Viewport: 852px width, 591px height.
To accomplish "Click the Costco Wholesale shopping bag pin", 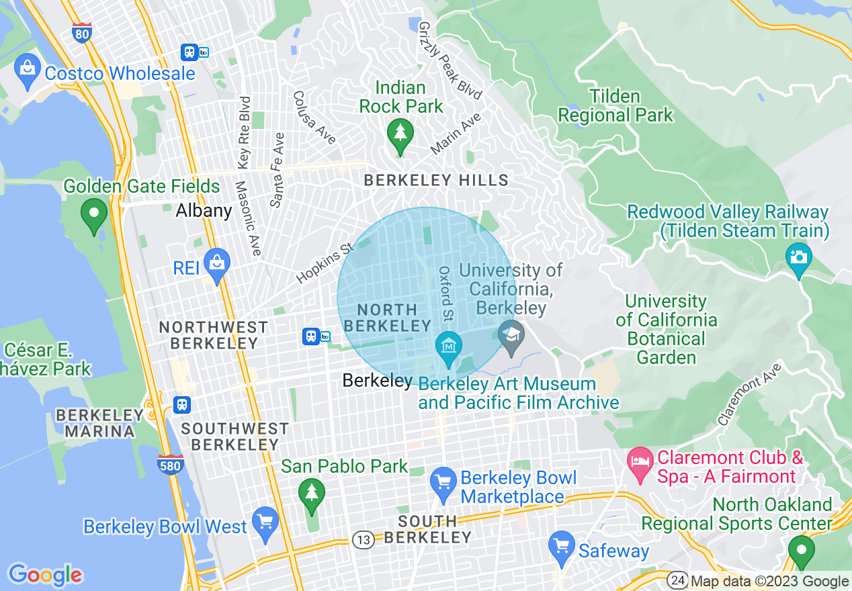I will pyautogui.click(x=28, y=71).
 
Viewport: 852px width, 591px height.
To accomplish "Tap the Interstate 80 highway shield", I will pyautogui.click(x=81, y=32).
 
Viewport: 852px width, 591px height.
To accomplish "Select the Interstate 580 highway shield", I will pyautogui.click(x=171, y=464).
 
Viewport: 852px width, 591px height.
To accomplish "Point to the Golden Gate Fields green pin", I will pyautogui.click(x=93, y=215).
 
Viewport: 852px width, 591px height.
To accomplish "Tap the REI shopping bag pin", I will pyautogui.click(x=217, y=265).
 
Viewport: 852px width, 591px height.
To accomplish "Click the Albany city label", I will pyautogui.click(x=204, y=211).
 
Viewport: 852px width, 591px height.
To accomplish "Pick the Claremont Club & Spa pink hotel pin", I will pyautogui.click(x=640, y=463).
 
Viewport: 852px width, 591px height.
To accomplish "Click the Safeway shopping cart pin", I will pyautogui.click(x=560, y=548).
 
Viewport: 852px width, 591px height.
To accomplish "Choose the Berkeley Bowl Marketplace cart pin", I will pyautogui.click(x=443, y=485).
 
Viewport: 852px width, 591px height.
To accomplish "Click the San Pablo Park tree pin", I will pyautogui.click(x=310, y=495).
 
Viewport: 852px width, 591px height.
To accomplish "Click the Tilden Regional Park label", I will pyautogui.click(x=615, y=105).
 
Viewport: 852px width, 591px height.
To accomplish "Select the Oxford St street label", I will pyautogui.click(x=445, y=293).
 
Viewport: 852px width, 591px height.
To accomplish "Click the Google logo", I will pyautogui.click(x=45, y=575).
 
